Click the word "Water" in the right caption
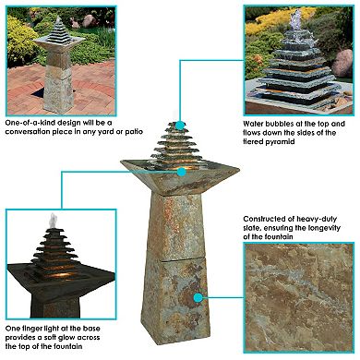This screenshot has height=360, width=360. click(255, 122)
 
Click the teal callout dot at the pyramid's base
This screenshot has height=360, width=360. click(182, 171)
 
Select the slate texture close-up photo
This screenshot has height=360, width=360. click(299, 298)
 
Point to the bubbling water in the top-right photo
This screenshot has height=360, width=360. click(297, 20)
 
